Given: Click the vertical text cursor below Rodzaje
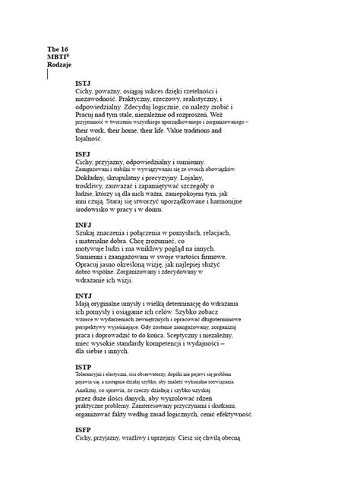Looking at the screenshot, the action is pos(48,74).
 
